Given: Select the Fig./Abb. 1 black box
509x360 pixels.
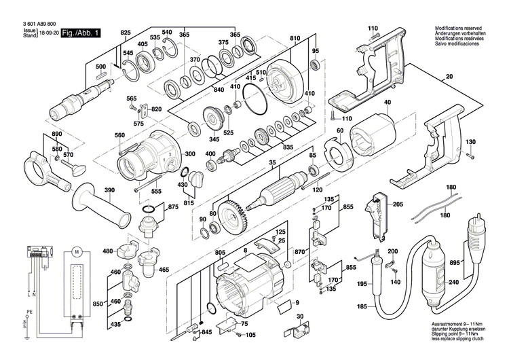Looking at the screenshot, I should (x=80, y=33).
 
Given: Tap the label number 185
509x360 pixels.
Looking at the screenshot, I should (x=362, y=307).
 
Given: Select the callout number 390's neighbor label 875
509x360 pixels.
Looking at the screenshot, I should (x=173, y=207).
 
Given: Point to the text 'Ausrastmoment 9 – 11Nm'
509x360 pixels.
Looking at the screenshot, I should (x=459, y=325).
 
